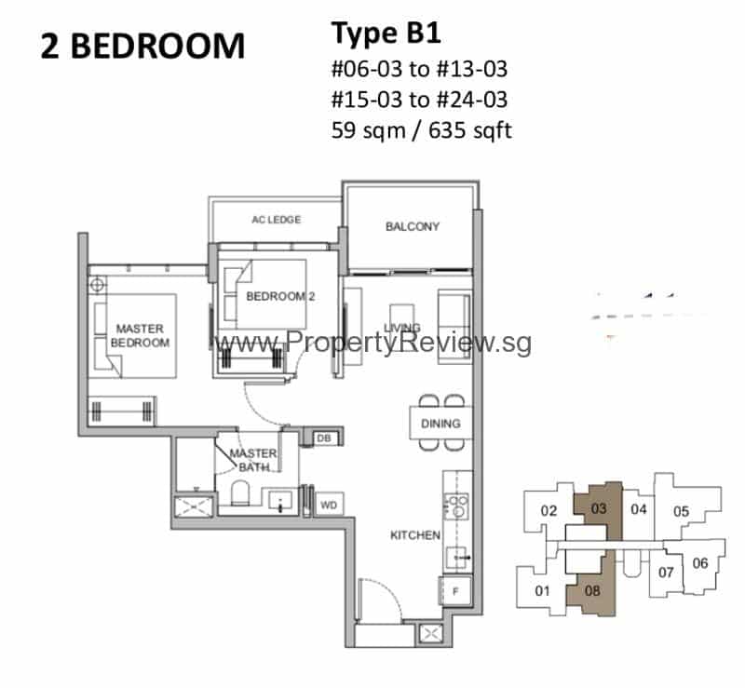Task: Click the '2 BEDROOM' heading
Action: tap(142, 46)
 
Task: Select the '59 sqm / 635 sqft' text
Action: tap(421, 130)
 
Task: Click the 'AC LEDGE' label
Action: tap(278, 220)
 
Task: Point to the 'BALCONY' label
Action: tap(413, 226)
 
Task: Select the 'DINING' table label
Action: tap(440, 424)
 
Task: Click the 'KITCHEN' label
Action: tap(414, 535)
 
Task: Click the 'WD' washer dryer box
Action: tap(328, 505)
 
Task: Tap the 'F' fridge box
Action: tap(455, 590)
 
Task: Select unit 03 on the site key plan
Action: tap(600, 509)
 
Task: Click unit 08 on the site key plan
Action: tap(591, 588)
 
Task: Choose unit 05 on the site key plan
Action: tap(681, 510)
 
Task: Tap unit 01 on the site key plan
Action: tap(543, 590)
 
